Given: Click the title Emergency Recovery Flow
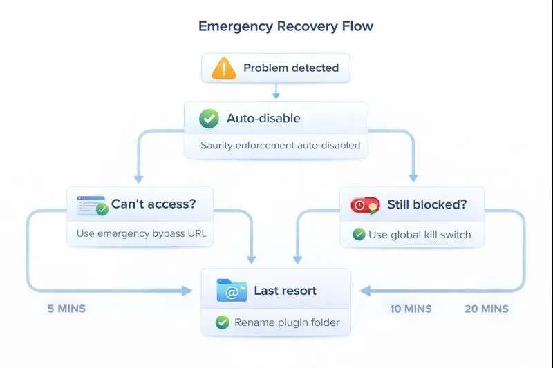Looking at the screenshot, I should [285, 27].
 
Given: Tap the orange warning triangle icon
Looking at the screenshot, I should [223, 68].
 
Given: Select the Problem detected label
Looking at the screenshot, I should [291, 68].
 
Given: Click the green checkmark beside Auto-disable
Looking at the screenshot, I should [209, 119].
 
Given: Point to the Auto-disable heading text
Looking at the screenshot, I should [263, 119].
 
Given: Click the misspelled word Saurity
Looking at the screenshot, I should [217, 146].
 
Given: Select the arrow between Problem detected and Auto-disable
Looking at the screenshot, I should [276, 91].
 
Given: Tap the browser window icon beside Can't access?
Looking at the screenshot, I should [91, 204].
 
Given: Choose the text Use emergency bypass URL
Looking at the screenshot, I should [141, 233].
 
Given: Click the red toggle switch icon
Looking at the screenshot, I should [365, 205].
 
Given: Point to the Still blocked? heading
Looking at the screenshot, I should [426, 204].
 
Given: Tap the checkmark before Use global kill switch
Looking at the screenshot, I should [359, 234].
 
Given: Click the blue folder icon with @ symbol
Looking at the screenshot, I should [232, 291].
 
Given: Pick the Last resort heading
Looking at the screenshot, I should [285, 291].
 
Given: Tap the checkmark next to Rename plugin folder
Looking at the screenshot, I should [222, 322].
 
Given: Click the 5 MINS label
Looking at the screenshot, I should [66, 309].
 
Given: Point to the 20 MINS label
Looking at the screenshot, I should [486, 309].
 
